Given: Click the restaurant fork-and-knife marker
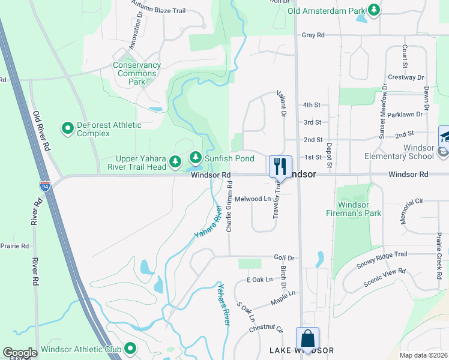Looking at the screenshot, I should tap(280, 166).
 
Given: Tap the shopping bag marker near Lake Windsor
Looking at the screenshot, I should tap(307, 338).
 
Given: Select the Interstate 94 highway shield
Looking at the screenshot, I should tap(44, 185).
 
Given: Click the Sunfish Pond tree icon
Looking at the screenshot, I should tap(195, 158).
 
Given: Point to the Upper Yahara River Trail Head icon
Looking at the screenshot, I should tap(175, 161).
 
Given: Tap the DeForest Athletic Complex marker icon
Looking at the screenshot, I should tap(67, 128).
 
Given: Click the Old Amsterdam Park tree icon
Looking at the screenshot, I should tap(374, 10).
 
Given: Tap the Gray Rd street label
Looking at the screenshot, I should tap(313, 35).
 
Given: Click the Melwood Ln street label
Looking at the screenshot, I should tap(253, 199).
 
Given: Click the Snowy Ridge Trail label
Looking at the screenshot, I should tap(382, 259).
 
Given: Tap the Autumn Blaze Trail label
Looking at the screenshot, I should tap(158, 11).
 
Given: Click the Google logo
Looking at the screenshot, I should tap(20, 353).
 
